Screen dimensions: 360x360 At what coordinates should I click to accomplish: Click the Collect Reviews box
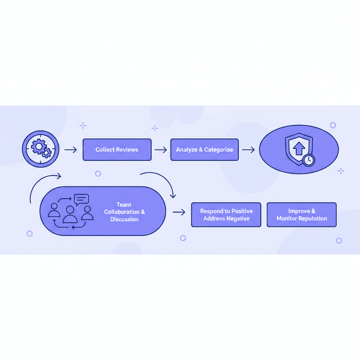coord(117,150)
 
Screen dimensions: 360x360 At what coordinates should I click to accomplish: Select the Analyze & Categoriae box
coord(204,150)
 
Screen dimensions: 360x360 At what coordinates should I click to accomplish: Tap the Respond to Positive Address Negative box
coord(226,215)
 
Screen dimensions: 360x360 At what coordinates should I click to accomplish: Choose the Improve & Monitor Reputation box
coord(302,215)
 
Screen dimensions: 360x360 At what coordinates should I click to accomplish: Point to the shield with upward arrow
coord(299,149)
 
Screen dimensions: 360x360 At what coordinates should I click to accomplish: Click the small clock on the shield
coord(309,160)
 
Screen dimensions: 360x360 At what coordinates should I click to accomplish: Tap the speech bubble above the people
coord(81,200)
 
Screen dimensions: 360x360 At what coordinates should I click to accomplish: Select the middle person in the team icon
coord(70,214)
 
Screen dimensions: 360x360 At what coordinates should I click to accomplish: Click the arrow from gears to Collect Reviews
coord(70,150)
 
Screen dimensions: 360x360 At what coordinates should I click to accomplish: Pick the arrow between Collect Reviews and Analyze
coord(161,150)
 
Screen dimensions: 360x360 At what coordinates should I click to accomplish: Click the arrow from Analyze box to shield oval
coord(248,150)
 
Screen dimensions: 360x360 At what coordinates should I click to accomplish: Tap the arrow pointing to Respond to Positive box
coord(179,212)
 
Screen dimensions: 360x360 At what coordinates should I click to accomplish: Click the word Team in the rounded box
coord(124,205)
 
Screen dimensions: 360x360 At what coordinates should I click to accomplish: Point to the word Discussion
coord(124,219)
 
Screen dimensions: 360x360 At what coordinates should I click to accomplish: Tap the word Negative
coord(238,218)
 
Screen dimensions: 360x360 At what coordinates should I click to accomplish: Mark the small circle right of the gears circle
coord(98,173)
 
